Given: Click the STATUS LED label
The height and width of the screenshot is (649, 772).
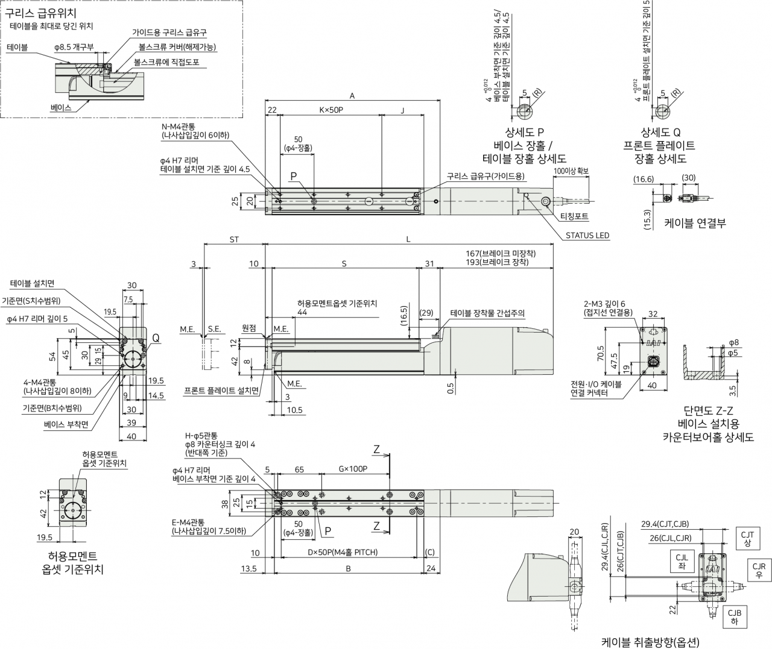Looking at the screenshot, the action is click(x=587, y=235).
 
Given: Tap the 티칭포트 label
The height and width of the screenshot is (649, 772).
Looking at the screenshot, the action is click(x=574, y=216).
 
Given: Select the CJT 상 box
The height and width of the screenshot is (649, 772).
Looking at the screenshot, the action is click(x=747, y=539).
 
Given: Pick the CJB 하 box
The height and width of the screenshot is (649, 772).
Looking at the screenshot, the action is click(x=735, y=616).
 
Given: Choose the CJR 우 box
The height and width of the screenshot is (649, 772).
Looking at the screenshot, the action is click(x=759, y=570).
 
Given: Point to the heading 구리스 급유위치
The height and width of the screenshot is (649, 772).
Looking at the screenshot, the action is click(x=40, y=13).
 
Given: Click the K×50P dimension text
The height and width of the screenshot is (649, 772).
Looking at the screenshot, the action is click(x=331, y=110).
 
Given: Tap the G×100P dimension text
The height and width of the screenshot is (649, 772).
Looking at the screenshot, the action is click(x=353, y=469).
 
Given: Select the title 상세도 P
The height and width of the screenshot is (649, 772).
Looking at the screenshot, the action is click(x=524, y=132).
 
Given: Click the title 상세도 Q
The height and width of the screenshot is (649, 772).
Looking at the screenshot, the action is click(x=660, y=132).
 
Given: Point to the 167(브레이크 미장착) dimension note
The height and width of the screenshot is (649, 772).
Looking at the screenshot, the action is click(x=501, y=254).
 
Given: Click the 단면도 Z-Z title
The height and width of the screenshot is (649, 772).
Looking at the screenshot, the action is click(x=708, y=410).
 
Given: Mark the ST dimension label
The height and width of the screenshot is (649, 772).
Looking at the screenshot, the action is click(x=234, y=239).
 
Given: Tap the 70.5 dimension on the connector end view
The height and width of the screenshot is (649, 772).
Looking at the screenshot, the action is click(x=600, y=353).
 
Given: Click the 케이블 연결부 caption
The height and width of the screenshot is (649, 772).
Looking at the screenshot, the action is click(x=695, y=223).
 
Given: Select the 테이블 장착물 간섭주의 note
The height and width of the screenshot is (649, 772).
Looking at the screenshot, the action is click(x=487, y=313).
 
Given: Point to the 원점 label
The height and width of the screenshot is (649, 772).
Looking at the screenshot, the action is click(x=249, y=328).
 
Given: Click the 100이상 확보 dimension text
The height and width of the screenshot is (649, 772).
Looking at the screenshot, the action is click(x=571, y=171).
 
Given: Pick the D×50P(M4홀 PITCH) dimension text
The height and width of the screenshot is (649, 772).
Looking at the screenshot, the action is click(x=343, y=552).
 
